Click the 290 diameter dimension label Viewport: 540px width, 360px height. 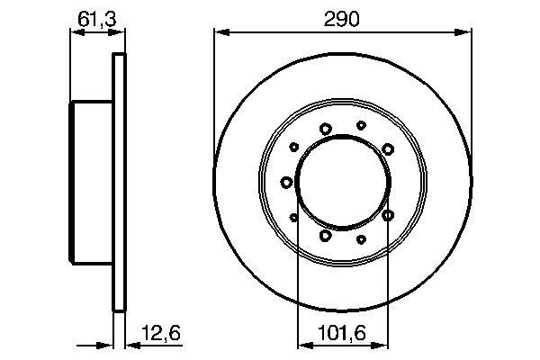[342, 19]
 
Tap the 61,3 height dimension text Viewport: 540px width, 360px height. [97, 19]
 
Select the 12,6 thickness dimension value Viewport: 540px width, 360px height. [161, 333]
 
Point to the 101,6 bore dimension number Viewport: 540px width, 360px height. [341, 333]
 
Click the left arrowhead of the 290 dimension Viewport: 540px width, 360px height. [221, 32]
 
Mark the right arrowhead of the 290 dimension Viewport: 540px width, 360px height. [463, 32]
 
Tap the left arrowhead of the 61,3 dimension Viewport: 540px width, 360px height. [77, 32]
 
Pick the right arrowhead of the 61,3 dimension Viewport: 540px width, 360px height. [116, 32]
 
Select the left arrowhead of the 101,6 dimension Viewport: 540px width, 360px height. [305, 345]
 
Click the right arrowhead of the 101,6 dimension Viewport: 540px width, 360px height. [380, 345]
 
